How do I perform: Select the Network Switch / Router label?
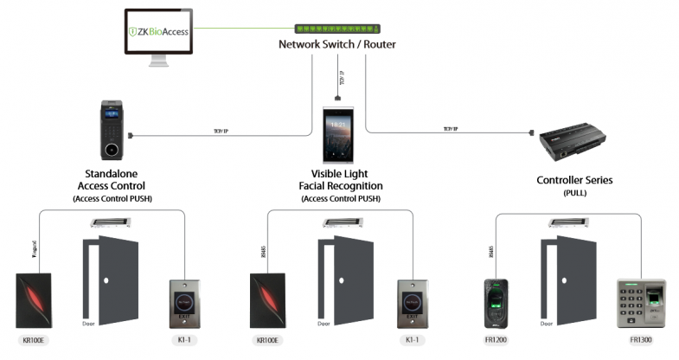pyautogui.click(x=331, y=44)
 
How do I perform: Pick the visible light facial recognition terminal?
pyautogui.click(x=339, y=137)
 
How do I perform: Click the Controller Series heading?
pyautogui.click(x=575, y=180)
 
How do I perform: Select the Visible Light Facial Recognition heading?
pyautogui.click(x=340, y=179)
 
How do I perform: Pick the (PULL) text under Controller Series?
pyautogui.click(x=575, y=194)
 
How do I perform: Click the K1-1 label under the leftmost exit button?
pyautogui.click(x=184, y=340)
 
